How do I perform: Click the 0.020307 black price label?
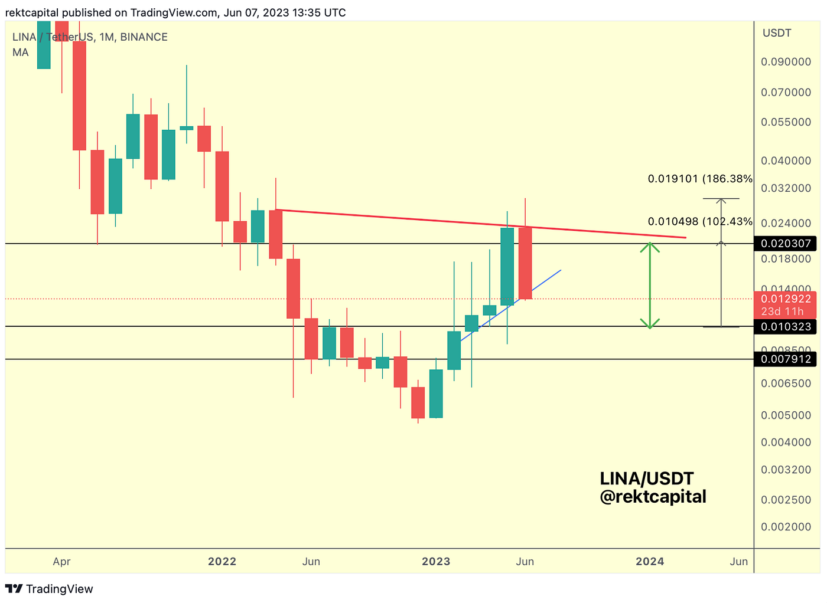tap(785, 244)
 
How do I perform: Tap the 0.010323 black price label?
tap(785, 327)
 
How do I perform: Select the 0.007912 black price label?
tap(785, 359)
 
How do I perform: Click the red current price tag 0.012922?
tap(785, 299)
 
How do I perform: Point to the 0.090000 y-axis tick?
tap(785, 62)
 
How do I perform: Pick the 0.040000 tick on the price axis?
tap(785, 160)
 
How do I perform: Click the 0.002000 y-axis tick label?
tap(785, 527)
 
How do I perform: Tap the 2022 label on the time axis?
tap(222, 562)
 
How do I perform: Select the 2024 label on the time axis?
tap(650, 562)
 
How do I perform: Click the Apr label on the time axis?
tap(61, 562)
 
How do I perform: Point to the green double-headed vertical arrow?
tap(650, 285)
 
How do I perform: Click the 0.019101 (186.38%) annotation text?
tap(700, 179)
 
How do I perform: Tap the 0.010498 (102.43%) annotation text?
tap(700, 222)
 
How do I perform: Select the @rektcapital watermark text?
tap(653, 497)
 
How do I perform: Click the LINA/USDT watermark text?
tap(646, 479)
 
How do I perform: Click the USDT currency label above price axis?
tap(777, 33)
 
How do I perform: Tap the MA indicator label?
tap(21, 53)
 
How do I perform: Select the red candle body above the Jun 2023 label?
tap(525, 263)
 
